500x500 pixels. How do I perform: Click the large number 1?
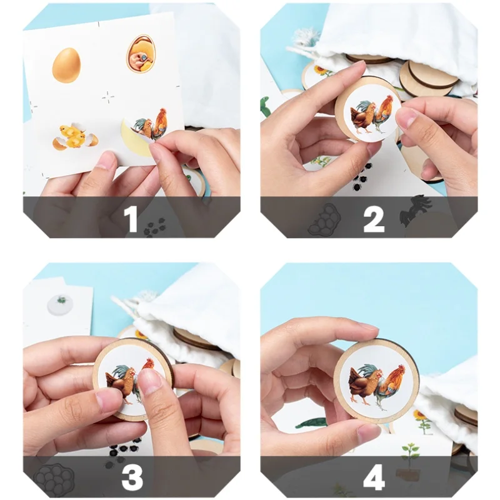(x=131, y=219)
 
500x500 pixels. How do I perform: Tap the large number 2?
(x=374, y=219)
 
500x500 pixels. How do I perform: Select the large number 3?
(x=132, y=477)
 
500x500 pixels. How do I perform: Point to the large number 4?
(x=374, y=477)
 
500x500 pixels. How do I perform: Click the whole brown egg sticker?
(x=66, y=66)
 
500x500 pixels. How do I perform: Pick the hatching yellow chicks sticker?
(x=75, y=136)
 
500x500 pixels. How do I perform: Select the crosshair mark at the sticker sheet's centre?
(x=108, y=97)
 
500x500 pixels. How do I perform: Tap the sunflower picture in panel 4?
(x=422, y=421)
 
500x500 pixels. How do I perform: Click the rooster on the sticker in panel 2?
(x=382, y=114)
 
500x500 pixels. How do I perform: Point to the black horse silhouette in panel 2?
(x=414, y=211)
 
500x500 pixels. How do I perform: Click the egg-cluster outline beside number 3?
(x=54, y=479)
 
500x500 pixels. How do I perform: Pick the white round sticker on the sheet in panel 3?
(x=60, y=304)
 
